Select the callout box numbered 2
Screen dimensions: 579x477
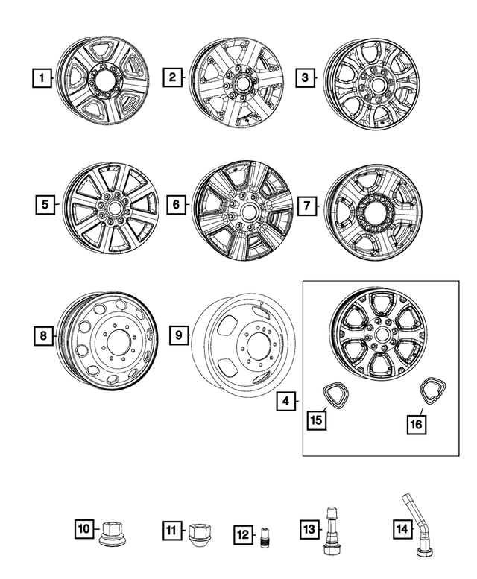(x=173, y=77)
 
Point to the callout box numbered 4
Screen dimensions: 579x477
(x=285, y=402)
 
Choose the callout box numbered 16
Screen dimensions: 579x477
(x=416, y=423)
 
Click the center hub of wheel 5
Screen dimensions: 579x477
(x=110, y=209)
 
